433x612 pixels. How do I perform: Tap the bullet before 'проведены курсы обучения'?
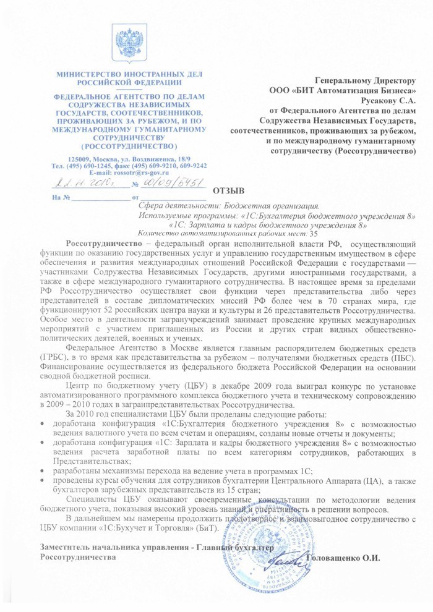point(41,482)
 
